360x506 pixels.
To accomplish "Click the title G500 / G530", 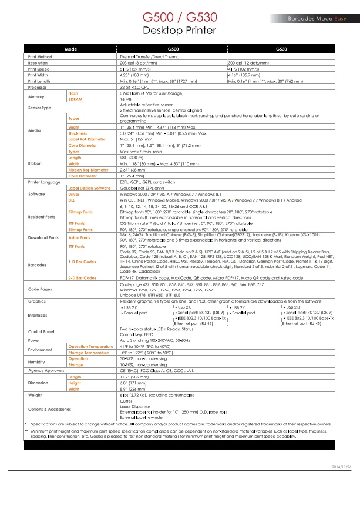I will pos(180,18).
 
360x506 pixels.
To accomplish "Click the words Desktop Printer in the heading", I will pos(180,30).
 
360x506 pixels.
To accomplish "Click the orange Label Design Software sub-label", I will pos(89,187).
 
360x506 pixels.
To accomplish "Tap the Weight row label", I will pos(35,395).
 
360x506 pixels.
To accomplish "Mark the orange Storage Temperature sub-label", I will pos(89,353).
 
